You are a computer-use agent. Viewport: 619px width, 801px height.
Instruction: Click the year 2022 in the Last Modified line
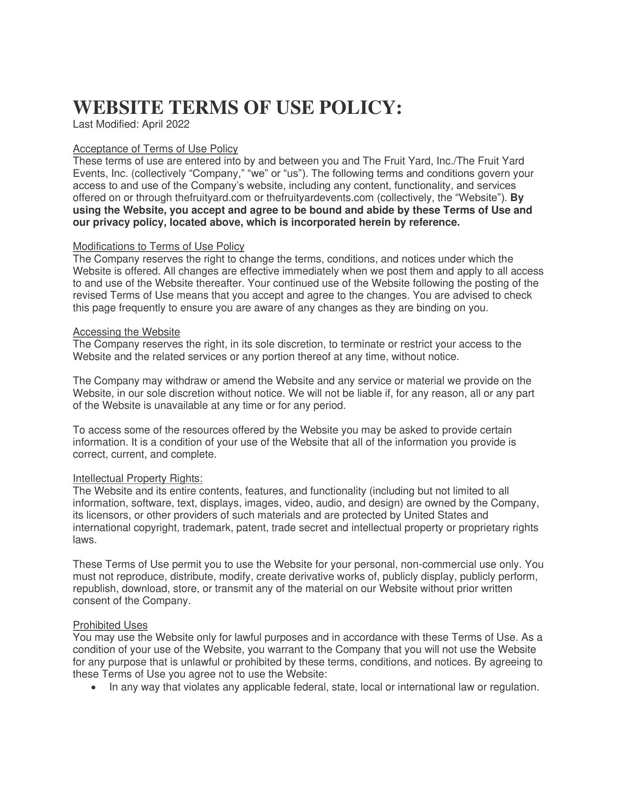coord(178,124)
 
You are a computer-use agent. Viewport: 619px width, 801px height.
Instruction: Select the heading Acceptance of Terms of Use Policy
coord(155,149)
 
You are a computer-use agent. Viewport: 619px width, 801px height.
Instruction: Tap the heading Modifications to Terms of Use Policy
coord(159,247)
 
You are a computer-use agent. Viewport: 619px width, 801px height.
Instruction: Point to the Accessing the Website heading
coord(126,332)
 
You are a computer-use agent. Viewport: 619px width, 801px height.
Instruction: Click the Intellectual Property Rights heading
coord(138,479)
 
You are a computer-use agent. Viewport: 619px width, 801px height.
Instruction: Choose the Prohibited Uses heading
coord(110,625)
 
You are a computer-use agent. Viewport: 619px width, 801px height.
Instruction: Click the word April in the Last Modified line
coord(152,124)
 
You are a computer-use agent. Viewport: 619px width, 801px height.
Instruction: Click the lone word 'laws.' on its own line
coord(85,540)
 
